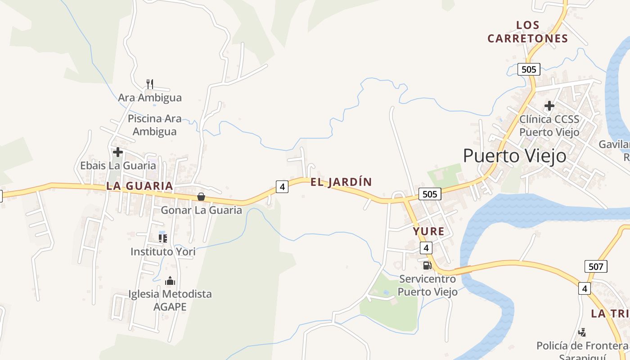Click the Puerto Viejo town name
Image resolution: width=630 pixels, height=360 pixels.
click(515, 156)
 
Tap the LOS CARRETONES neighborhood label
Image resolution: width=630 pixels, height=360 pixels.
click(527, 32)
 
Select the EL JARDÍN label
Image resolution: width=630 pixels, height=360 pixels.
click(341, 182)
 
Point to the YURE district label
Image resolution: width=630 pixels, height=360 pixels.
click(429, 232)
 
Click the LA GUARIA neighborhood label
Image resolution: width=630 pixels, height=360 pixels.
click(139, 186)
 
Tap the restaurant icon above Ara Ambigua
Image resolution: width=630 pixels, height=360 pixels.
click(150, 84)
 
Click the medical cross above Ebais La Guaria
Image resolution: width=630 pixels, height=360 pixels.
click(118, 152)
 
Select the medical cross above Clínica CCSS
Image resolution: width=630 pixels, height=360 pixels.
click(549, 106)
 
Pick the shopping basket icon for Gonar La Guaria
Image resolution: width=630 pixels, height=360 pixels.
click(201, 197)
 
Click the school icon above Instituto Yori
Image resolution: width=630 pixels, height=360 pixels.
click(163, 238)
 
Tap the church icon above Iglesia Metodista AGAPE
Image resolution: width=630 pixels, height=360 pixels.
click(170, 281)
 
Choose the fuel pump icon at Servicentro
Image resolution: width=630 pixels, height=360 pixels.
click(427, 265)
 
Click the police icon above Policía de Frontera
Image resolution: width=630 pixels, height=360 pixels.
click(582, 333)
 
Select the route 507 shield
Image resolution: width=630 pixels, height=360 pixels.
click(596, 266)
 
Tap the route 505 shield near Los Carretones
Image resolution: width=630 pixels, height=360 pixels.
click(529, 69)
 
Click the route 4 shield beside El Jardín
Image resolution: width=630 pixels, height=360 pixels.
click(282, 186)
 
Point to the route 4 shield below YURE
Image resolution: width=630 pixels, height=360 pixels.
click(426, 248)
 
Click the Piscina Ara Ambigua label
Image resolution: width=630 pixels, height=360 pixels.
click(155, 125)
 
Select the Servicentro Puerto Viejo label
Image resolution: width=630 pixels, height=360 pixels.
click(427, 285)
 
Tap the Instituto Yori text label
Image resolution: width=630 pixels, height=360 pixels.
click(163, 252)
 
